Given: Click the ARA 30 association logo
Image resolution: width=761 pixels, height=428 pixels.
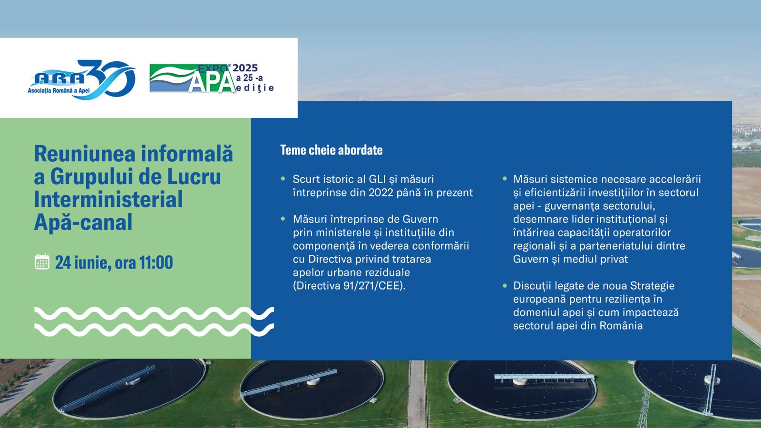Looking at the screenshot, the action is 81,80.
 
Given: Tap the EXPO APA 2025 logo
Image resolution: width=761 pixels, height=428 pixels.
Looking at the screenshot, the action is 212,78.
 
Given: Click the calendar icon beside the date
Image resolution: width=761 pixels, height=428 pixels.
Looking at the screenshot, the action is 42,262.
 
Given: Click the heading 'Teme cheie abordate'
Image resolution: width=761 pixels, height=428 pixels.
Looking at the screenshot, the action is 331,150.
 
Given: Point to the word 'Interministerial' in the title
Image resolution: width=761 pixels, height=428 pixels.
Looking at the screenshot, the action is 108,199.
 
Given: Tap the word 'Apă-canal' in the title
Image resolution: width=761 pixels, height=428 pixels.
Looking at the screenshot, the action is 83,222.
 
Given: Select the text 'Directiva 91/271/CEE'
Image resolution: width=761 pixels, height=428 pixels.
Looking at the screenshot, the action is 349,286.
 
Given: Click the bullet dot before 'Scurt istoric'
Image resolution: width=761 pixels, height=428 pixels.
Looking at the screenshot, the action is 283,178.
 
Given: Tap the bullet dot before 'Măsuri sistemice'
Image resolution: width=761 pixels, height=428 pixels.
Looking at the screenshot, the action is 505,178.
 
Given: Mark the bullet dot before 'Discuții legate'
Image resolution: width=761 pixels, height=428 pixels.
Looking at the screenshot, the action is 505,285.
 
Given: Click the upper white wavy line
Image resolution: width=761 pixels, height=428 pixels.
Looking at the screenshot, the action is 154,313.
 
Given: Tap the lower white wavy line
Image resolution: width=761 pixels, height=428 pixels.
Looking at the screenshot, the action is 154,330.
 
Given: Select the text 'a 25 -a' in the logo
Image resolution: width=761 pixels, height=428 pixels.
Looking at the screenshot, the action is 249,78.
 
